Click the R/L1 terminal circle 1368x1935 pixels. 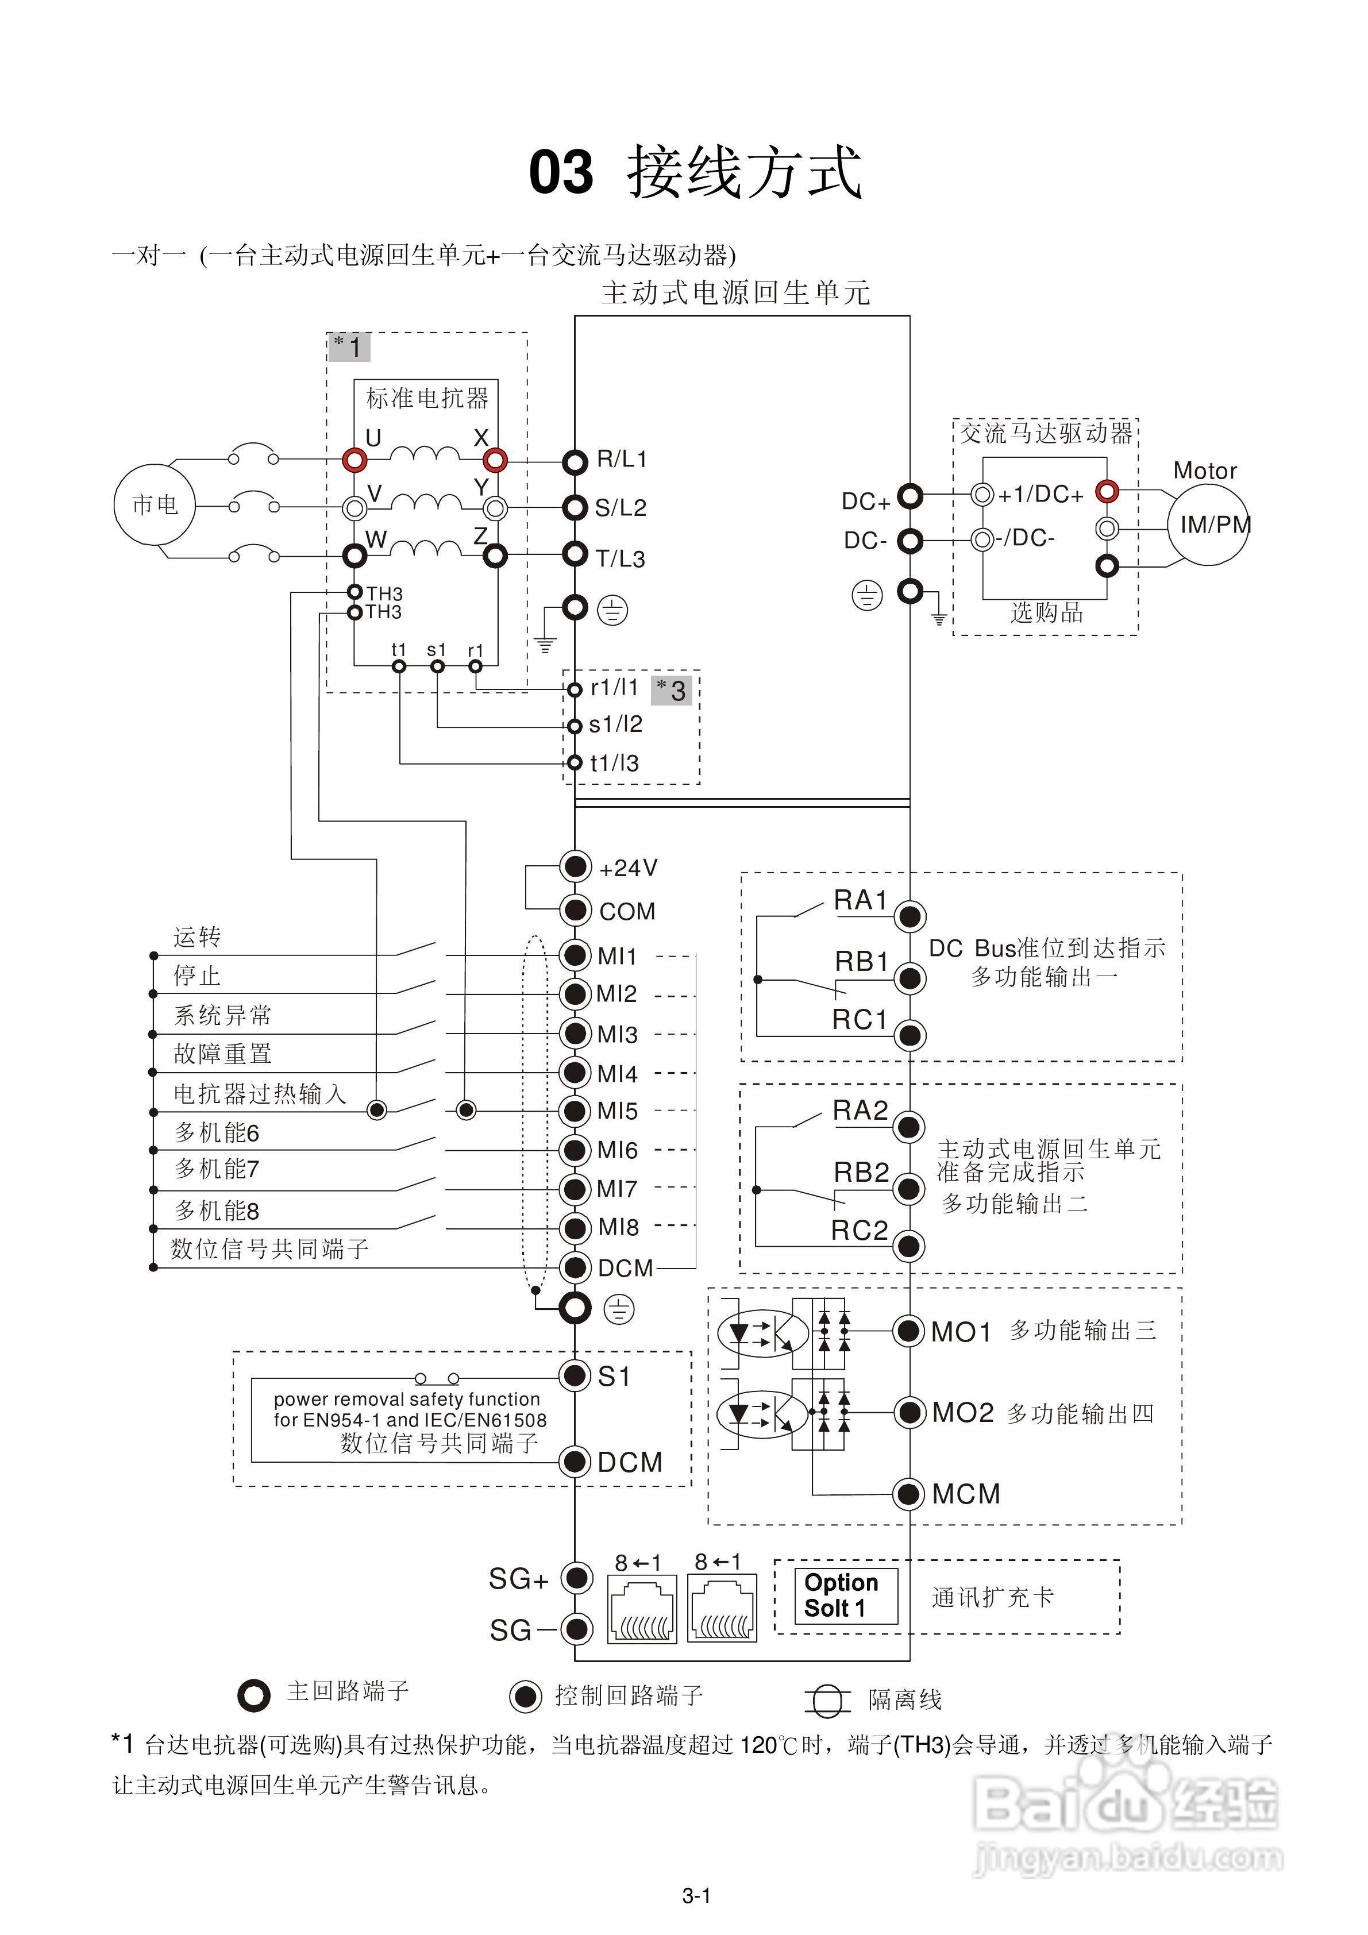[575, 462]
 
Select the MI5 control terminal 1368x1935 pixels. [575, 1111]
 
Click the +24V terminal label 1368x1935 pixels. [628, 868]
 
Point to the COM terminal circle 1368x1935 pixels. [575, 909]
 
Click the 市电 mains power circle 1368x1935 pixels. [155, 505]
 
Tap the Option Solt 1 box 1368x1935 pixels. [845, 1595]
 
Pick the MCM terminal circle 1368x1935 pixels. [908, 1494]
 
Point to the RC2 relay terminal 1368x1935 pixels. [908, 1245]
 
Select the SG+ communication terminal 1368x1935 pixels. [576, 1577]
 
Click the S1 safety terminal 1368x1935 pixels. [575, 1375]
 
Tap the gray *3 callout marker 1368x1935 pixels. [672, 690]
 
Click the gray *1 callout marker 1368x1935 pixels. [348, 346]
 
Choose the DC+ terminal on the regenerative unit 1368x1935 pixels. [910, 496]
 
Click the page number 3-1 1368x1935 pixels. [696, 1897]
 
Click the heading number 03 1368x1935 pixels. [561, 173]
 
